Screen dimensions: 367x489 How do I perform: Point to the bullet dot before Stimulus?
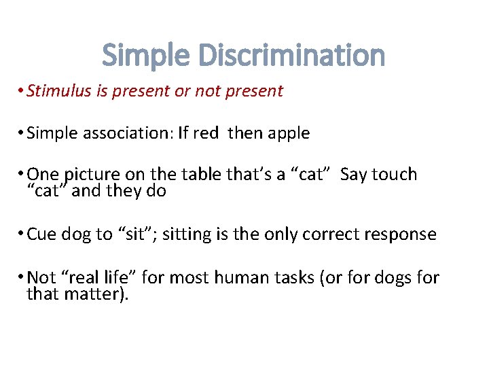[x=22, y=91]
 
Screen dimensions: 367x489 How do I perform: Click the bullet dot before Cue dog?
[x=22, y=234]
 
